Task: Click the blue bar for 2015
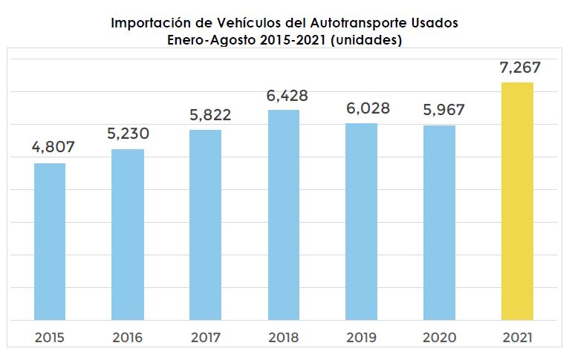coord(50,241)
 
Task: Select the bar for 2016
coord(128,235)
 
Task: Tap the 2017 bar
coord(206,225)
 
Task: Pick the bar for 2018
coord(284,215)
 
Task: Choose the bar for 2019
coord(362,221)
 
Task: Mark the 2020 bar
coord(440,223)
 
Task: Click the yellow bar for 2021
coord(518,201)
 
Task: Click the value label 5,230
coord(128,134)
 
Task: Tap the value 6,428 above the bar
coord(286,94)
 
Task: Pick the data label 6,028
coord(363,108)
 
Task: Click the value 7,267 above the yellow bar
coord(519,67)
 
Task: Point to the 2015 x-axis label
coord(50,338)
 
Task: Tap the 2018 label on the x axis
coord(284,338)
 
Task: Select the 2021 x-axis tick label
coord(518,338)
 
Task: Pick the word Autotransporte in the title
coord(362,23)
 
